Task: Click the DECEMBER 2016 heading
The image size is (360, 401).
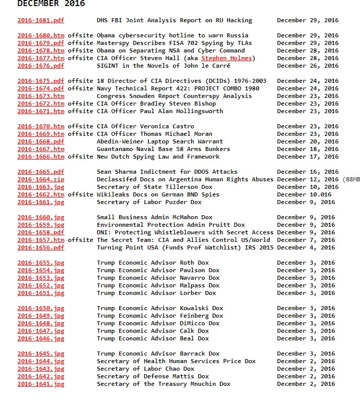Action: click(x=51, y=4)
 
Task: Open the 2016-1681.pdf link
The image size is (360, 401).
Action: click(x=41, y=21)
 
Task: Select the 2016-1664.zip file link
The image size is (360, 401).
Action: click(x=41, y=180)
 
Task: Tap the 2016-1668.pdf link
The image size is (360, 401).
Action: click(x=41, y=142)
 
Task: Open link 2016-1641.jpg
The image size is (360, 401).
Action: click(x=41, y=384)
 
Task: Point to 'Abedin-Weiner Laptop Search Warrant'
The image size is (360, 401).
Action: click(x=160, y=142)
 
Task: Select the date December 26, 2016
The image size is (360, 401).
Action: click(x=307, y=66)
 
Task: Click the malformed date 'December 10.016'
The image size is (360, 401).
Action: click(x=304, y=195)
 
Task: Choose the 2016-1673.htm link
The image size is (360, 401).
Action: click(x=41, y=96)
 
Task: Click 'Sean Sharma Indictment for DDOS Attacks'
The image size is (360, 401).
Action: click(x=167, y=172)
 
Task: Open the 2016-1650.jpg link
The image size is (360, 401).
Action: click(x=41, y=309)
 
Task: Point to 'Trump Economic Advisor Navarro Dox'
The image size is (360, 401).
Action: click(x=158, y=278)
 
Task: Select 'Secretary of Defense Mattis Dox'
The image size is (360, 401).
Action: click(x=152, y=377)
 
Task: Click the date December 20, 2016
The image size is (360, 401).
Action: click(x=307, y=142)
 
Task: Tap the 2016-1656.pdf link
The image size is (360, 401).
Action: click(x=41, y=248)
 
